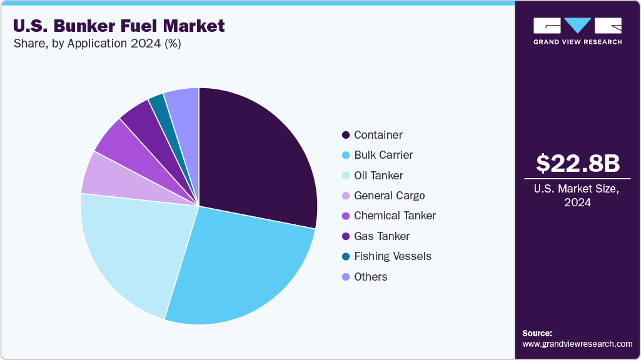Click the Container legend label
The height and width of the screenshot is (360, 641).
point(378,135)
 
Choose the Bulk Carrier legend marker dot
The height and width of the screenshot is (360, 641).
point(346,155)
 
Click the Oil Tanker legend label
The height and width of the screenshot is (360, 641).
point(378,176)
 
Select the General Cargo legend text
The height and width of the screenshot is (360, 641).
point(389,196)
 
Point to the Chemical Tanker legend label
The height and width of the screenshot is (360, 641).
point(395,216)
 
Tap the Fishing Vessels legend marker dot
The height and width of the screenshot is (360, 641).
point(346,256)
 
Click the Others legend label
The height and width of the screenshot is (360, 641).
point(370,276)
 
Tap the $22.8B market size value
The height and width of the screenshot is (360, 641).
point(578,163)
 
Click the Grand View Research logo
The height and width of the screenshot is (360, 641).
point(577,31)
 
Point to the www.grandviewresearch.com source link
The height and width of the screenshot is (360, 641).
point(577,344)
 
